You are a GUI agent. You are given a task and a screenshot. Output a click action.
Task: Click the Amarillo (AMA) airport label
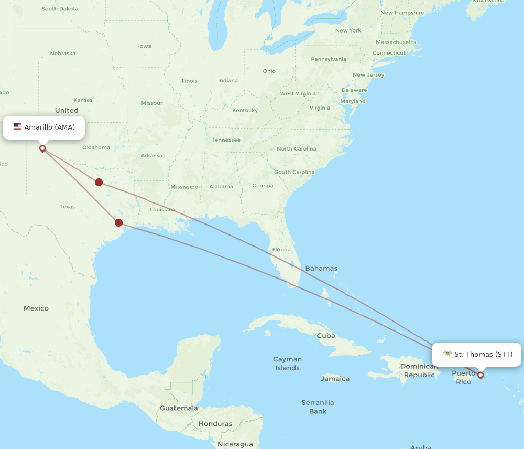49,127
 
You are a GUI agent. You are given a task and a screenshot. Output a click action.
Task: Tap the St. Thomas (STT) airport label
483,354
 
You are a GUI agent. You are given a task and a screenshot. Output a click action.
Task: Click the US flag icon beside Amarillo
17,127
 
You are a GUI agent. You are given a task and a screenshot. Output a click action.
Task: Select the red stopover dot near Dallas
99,182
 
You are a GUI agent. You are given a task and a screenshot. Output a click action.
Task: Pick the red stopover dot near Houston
119,222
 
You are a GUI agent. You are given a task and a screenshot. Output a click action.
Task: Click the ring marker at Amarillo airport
42,148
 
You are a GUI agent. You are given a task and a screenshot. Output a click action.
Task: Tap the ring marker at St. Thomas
480,375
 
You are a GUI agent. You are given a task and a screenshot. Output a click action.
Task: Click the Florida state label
281,249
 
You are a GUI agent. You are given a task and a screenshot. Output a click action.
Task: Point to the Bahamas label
321,268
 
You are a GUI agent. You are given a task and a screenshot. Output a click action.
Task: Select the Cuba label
325,335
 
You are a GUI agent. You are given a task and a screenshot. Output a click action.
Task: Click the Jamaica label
335,379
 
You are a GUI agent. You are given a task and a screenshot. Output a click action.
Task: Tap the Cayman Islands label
287,364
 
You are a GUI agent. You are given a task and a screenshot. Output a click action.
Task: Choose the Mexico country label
36,308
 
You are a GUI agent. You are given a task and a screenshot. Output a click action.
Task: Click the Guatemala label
179,408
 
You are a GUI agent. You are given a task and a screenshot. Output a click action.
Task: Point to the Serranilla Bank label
318,407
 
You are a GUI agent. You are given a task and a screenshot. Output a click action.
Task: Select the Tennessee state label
226,140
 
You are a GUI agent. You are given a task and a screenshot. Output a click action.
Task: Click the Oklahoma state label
96,147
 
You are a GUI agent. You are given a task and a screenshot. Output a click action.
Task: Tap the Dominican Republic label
419,370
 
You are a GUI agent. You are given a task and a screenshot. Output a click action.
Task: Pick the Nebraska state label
62,53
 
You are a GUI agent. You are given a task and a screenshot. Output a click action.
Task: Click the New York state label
348,30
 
